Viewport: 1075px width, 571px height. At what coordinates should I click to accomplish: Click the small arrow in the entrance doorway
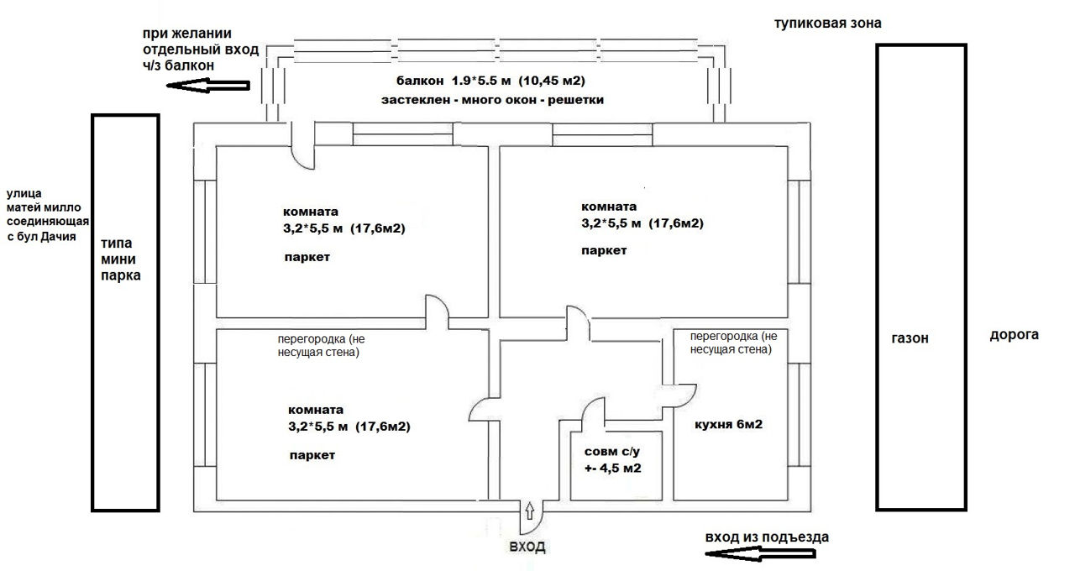530,511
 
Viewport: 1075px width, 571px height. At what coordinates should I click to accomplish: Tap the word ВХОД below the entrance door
527,547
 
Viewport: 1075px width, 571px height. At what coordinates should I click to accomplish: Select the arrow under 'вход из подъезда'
760,554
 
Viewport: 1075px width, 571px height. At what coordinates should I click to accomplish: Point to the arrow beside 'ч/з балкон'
207,86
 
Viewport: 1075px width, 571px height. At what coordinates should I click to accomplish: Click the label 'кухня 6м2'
728,424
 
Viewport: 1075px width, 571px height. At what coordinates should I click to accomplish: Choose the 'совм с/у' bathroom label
612,452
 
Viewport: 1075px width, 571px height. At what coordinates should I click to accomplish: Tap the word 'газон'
910,338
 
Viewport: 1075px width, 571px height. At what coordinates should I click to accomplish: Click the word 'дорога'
1014,335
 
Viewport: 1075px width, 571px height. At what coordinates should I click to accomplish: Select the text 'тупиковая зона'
828,23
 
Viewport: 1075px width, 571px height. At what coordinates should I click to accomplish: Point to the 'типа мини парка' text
120,259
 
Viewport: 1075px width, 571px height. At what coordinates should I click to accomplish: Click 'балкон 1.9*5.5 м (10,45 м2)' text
490,81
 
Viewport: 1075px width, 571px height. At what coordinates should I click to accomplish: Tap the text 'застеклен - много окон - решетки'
492,100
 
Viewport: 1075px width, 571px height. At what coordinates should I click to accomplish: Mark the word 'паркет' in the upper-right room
604,250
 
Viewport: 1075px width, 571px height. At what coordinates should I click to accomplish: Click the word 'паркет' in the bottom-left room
312,455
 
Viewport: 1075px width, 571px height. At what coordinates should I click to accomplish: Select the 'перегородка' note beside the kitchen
733,343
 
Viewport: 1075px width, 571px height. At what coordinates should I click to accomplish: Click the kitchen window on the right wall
800,415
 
